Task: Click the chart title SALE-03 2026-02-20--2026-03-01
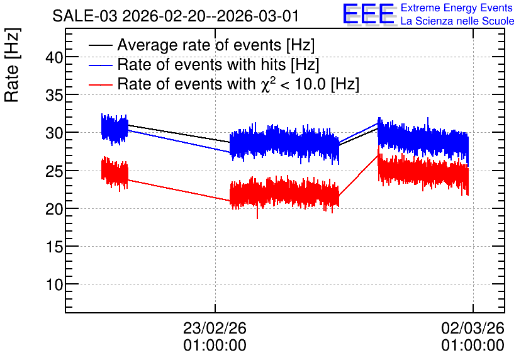click(x=175, y=16)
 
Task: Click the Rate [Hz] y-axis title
click(x=12, y=65)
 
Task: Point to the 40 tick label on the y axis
click(x=54, y=57)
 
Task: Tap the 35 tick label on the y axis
click(x=54, y=96)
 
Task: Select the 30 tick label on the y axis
click(x=54, y=133)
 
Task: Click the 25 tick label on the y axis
click(x=54, y=171)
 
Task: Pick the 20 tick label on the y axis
click(x=54, y=210)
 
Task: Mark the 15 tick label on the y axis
click(x=54, y=247)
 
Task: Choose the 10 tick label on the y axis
click(x=54, y=285)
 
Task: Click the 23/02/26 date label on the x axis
click(x=215, y=328)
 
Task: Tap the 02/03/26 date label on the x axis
click(x=473, y=328)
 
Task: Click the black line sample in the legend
click(x=100, y=45)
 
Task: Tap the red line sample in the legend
click(x=100, y=84)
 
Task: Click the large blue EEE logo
click(x=369, y=14)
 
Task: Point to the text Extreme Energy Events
click(x=457, y=8)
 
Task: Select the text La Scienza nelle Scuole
click(x=457, y=21)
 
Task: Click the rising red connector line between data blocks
click(x=358, y=176)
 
